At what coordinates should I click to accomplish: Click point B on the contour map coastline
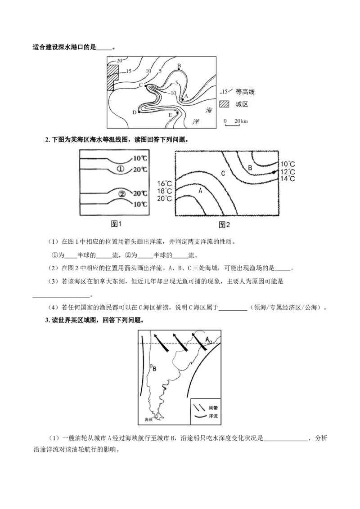(x=179, y=69)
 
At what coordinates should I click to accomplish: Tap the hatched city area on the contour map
(x=112, y=77)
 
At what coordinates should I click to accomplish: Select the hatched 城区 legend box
(x=224, y=104)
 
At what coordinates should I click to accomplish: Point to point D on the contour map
(x=139, y=112)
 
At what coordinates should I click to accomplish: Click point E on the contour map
(x=177, y=113)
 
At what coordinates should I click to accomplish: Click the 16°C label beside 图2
(x=164, y=184)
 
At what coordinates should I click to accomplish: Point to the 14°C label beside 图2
(x=288, y=179)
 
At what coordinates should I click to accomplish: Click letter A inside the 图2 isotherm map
(x=200, y=191)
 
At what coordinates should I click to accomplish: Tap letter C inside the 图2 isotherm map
(x=223, y=174)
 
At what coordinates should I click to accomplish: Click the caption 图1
(x=116, y=223)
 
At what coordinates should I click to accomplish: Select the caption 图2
(x=224, y=224)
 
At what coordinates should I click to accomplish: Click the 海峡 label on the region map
(x=149, y=420)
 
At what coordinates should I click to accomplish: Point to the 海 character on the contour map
(x=209, y=110)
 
